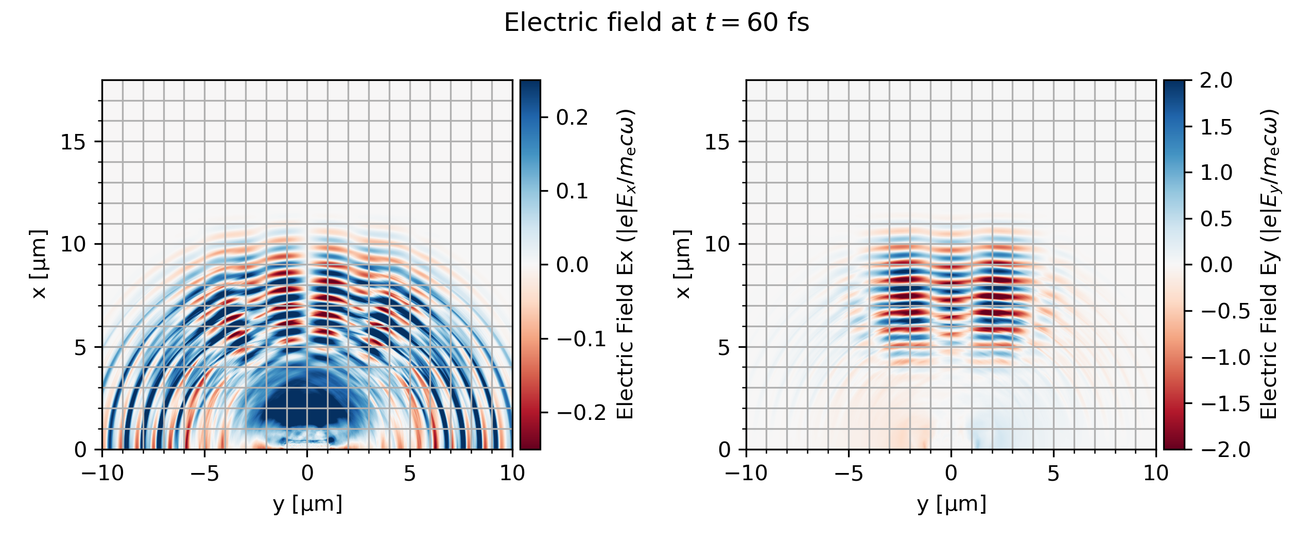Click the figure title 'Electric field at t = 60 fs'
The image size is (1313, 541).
[x=656, y=23]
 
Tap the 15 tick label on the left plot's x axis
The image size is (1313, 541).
[x=73, y=142]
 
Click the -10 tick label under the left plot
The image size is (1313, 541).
[x=102, y=473]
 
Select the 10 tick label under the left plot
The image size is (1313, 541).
[x=512, y=473]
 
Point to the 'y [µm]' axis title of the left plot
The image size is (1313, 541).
[x=307, y=504]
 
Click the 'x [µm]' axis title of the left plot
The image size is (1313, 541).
[x=39, y=264]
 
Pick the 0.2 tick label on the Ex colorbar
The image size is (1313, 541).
[x=572, y=117]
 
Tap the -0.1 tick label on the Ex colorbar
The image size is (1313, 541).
[x=580, y=339]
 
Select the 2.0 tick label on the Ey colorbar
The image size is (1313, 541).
[x=1216, y=80]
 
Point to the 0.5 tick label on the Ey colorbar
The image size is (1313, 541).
[x=1216, y=219]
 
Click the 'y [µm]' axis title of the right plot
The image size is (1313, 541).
[x=952, y=504]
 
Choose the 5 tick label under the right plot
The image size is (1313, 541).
[x=1053, y=473]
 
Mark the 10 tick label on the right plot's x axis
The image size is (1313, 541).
[x=717, y=244]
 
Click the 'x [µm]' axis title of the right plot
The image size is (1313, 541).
[x=683, y=264]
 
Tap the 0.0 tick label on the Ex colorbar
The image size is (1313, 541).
[x=572, y=265]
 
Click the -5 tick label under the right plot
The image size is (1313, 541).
[x=849, y=473]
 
